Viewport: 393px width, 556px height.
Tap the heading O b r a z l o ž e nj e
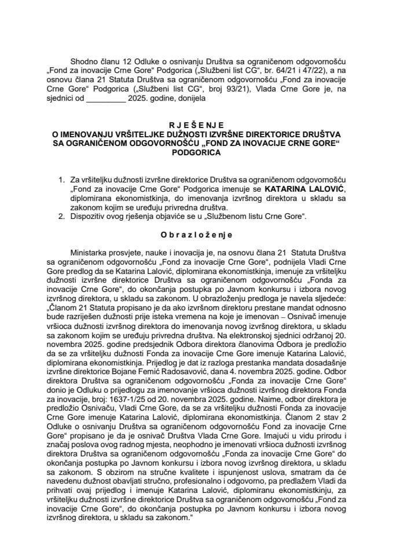pos(197,235)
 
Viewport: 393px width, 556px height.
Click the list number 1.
pos(61,180)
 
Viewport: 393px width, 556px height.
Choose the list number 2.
pos(61,217)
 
